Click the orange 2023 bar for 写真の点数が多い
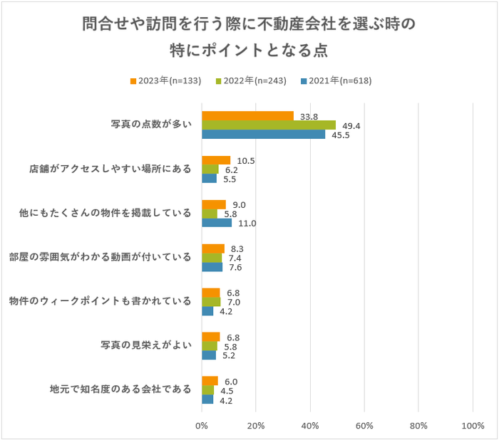pos(247,116)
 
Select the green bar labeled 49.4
pos(269,125)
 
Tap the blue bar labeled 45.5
pos(263,134)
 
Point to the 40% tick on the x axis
pos(310,426)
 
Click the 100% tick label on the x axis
pos(473,426)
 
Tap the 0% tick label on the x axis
pos(202,426)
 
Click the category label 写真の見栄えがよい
pos(146,346)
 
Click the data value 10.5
pos(245,160)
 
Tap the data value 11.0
pos(247,223)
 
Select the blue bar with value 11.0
pos(217,223)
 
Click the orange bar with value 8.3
pos(213,248)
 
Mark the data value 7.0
pos(234,302)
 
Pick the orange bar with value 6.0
pos(210,381)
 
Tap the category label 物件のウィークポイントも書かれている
pos(100,301)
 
